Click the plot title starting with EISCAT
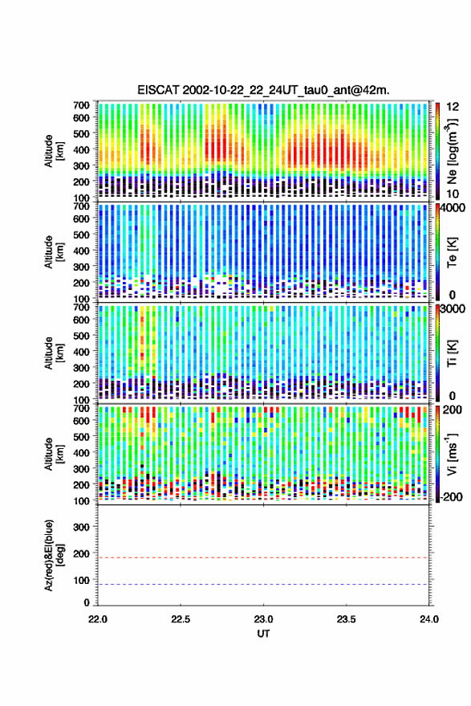[x=264, y=90]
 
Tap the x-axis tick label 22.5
[x=181, y=619]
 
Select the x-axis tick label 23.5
[x=346, y=619]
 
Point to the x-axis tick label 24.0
[x=428, y=619]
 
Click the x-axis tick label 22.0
[x=98, y=619]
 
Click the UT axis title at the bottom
[x=263, y=634]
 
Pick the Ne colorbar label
[x=452, y=151]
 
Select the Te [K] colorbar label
[x=452, y=252]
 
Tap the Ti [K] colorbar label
[x=452, y=353]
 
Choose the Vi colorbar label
[x=452, y=455]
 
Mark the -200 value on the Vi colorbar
[x=451, y=497]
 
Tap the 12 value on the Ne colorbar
[x=453, y=107]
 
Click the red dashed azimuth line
[x=263, y=557]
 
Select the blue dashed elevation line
[x=263, y=585]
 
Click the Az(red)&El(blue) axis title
[x=54, y=556]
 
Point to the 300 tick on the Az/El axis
[x=81, y=527]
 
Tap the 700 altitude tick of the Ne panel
[x=81, y=105]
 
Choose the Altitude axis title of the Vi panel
[x=54, y=455]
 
